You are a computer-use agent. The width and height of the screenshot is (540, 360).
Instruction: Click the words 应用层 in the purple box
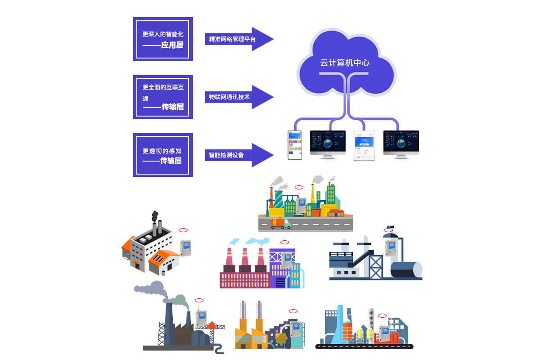click(172, 45)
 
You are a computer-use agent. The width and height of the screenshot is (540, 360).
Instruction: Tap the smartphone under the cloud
click(294, 145)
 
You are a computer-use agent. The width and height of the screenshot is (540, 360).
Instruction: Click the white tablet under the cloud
click(364, 145)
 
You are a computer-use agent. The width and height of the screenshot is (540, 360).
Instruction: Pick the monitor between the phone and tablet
click(328, 143)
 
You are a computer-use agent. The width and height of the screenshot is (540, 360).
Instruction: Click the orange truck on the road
click(280, 223)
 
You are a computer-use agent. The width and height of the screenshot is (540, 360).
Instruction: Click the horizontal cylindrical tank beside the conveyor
click(405, 270)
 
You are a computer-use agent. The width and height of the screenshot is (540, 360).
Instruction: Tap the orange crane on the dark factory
click(213, 323)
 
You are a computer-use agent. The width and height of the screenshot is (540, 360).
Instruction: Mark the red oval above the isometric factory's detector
click(183, 230)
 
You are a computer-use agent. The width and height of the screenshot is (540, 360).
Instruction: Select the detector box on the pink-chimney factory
click(286, 260)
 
